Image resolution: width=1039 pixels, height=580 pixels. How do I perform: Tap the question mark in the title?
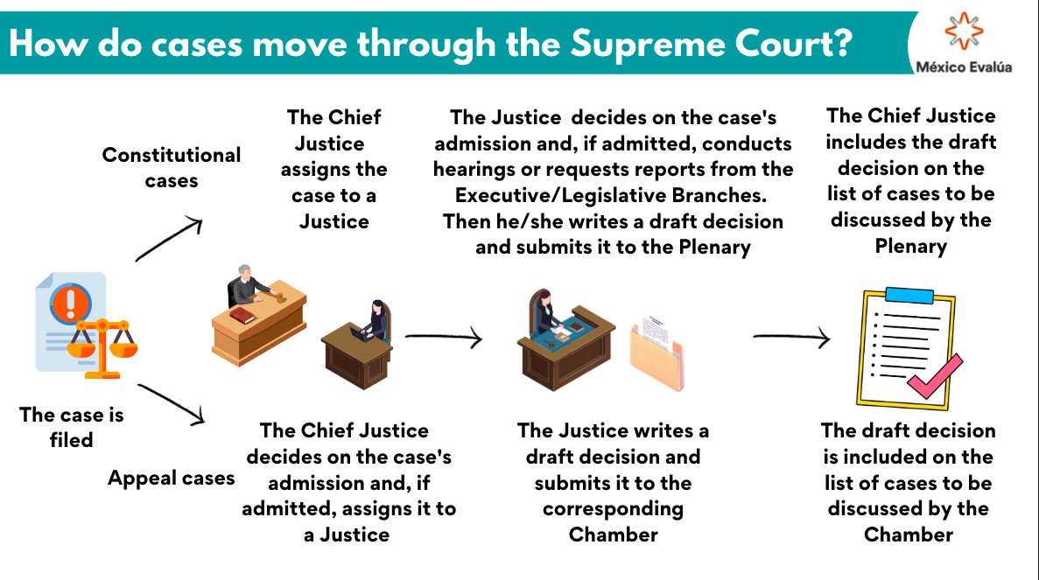coord(843,43)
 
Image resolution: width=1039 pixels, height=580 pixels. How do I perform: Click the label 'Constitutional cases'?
coord(171,167)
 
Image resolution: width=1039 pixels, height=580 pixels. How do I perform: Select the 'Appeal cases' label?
coord(171,478)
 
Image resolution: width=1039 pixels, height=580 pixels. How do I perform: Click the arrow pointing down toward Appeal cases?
coord(172,403)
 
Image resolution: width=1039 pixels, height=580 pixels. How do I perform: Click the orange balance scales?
coord(104,346)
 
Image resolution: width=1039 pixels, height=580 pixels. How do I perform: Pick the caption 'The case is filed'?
coord(72,427)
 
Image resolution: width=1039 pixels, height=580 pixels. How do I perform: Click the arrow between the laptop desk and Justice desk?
coord(443,336)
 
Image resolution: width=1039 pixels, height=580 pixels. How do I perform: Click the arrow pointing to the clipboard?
coord(790,336)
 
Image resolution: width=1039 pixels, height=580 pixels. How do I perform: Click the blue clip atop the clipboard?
coord(909,295)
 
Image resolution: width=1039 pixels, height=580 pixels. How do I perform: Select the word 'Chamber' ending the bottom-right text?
coord(908,535)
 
